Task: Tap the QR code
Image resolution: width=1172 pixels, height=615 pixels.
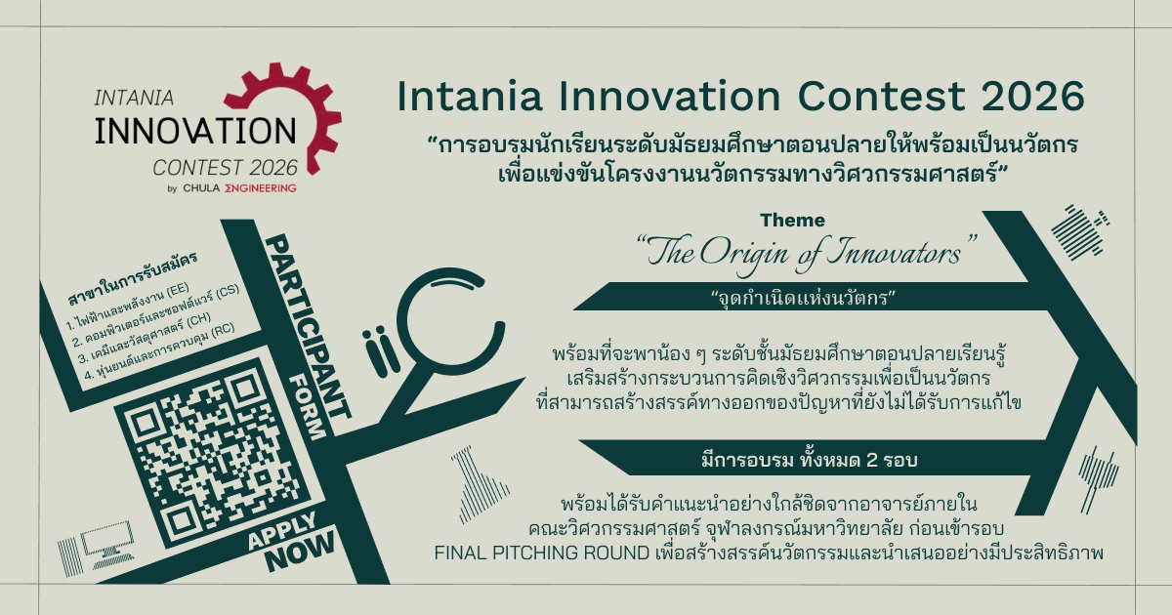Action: [213, 452]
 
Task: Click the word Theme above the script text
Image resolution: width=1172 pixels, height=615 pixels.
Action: [792, 221]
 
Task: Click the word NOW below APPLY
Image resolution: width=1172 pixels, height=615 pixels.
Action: [300, 552]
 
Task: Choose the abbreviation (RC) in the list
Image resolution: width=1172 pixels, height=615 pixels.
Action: [222, 330]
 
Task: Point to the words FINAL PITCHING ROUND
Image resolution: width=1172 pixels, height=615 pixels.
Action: [541, 553]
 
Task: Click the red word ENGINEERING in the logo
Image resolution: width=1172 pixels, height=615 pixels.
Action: [261, 188]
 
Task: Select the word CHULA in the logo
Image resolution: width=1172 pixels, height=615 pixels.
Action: [201, 188]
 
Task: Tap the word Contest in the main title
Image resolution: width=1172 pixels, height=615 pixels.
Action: [881, 97]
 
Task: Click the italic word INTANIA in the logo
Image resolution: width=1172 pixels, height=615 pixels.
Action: [134, 98]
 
